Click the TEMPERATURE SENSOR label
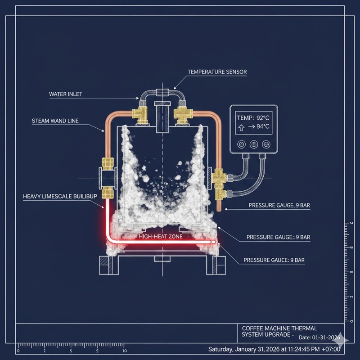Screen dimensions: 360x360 [x=217, y=72]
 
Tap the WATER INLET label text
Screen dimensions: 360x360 [x=66, y=94]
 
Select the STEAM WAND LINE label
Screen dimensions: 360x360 [x=55, y=121]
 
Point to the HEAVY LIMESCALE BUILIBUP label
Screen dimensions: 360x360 [x=60, y=196]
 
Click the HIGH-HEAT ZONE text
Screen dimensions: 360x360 [x=161, y=237]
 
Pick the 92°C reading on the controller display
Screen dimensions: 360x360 [x=263, y=118]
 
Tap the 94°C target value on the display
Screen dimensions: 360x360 [x=263, y=126]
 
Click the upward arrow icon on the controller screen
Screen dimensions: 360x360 [x=241, y=128]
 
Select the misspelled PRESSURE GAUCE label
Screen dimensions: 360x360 [x=274, y=260]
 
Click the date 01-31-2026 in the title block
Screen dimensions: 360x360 [x=326, y=337]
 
